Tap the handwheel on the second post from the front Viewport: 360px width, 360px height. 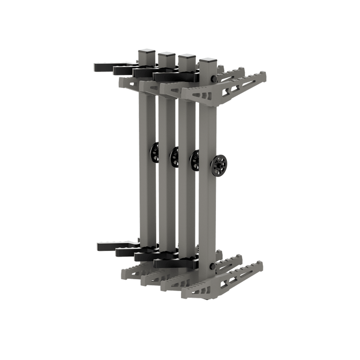195,160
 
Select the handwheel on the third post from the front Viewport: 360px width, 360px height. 175,156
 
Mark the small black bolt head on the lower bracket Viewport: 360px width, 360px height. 213,266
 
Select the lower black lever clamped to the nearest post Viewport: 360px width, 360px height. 170,263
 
